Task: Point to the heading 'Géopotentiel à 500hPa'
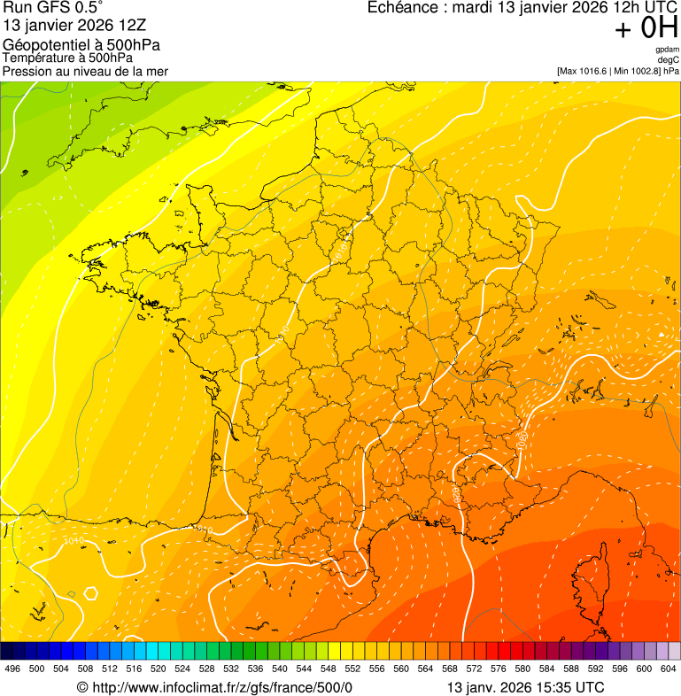point(81,45)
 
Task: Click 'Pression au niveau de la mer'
point(85,71)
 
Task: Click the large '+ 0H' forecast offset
point(646,29)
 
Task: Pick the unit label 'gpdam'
point(667,50)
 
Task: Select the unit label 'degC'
point(669,60)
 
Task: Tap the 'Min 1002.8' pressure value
point(635,71)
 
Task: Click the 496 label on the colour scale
point(12,669)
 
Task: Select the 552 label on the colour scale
point(352,669)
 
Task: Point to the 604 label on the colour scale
point(668,669)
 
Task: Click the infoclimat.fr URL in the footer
point(222,687)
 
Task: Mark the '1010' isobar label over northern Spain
point(74,541)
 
